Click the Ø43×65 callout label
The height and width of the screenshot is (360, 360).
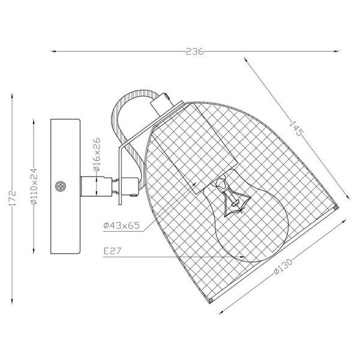point(121,226)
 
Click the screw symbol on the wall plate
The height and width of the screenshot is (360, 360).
point(61,187)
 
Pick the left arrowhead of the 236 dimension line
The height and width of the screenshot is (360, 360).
point(53,52)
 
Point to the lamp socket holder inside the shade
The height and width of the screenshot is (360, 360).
point(180,150)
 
